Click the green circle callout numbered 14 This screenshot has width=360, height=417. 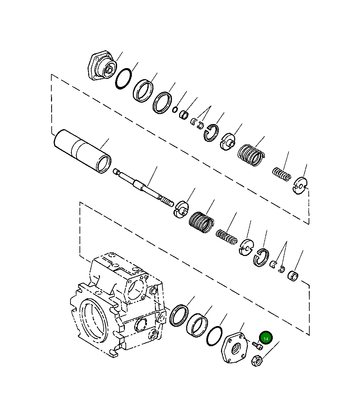[x=266, y=338]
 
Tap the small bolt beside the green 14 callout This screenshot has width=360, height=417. [x=257, y=345]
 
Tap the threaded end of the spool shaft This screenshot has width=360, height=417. [x=167, y=202]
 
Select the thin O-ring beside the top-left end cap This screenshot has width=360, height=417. [x=123, y=79]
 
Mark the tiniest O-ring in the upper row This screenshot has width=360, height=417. [x=175, y=110]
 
